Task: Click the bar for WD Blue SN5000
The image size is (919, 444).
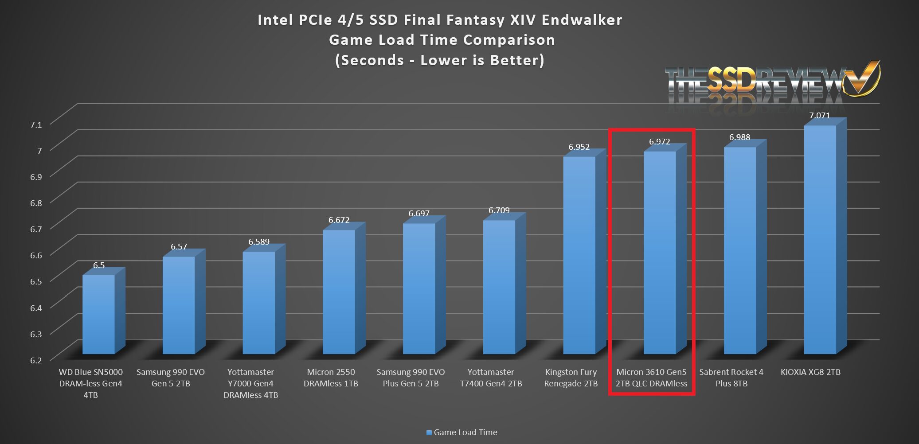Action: (98, 314)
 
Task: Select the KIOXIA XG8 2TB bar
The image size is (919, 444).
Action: (820, 239)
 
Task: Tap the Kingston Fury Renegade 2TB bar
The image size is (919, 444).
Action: (579, 255)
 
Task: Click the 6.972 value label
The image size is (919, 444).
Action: (660, 142)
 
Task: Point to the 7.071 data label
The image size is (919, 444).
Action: (819, 116)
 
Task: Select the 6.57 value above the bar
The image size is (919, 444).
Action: (179, 247)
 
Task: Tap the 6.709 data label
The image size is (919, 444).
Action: (499, 210)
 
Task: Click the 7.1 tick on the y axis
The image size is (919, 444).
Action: (36, 125)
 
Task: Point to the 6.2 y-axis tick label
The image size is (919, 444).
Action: (36, 360)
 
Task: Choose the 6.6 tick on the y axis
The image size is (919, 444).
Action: (36, 255)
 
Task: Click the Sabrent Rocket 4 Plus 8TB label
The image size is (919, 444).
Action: (731, 378)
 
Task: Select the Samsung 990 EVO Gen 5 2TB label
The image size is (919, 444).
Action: (171, 378)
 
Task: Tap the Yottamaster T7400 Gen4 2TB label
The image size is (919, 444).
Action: (491, 378)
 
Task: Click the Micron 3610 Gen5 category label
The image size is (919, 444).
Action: (651, 378)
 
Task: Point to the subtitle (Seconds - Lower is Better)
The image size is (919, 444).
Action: (439, 60)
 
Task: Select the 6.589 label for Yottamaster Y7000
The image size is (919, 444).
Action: (259, 242)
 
